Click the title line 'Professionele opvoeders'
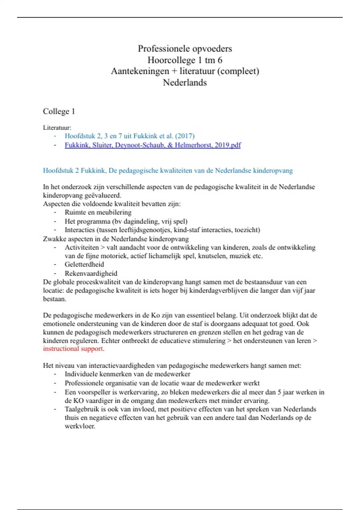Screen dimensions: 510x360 coord(185,49)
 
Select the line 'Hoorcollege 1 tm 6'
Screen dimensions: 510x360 coord(185,60)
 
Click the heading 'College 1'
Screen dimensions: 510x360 coord(59,111)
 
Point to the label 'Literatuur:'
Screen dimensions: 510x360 coord(57,127)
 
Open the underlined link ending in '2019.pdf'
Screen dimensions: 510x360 coord(153,145)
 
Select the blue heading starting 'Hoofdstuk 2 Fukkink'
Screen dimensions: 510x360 coord(168,170)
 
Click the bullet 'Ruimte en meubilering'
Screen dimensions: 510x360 coord(98,212)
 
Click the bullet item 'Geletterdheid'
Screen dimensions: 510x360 coord(84,264)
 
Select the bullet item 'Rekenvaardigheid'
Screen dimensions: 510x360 coord(91,273)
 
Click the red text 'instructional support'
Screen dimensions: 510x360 coord(73,349)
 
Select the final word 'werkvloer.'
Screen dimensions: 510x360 coord(80,426)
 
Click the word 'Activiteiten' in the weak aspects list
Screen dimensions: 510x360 coord(82,247)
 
